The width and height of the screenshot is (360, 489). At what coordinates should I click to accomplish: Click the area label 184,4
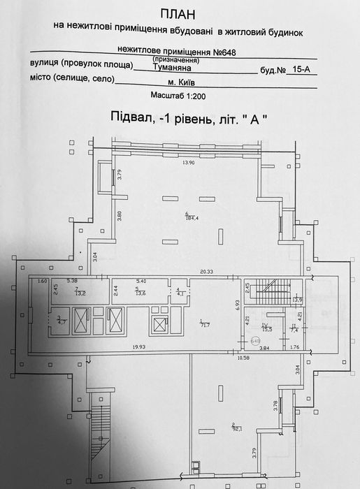coord(192,217)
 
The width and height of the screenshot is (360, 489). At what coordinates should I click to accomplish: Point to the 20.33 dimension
coord(206,272)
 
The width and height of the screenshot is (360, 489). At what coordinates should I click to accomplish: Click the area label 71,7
coord(205,326)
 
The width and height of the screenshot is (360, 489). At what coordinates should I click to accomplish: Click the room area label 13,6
coord(141,293)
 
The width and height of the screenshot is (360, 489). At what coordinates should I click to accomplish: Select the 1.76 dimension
coord(294,346)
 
